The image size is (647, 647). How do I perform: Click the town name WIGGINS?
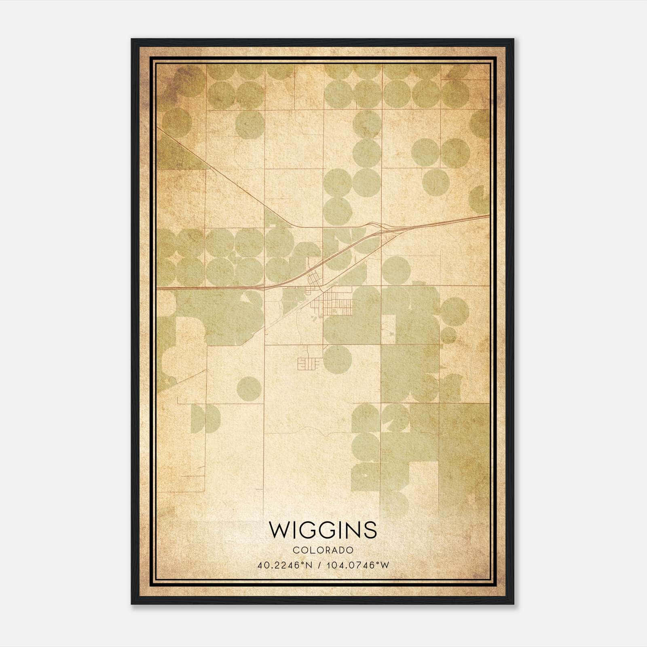pyautogui.click(x=323, y=530)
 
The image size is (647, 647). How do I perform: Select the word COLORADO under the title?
pyautogui.click(x=323, y=550)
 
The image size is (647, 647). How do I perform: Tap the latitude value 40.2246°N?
pyautogui.click(x=285, y=565)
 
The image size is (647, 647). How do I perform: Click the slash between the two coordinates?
pyautogui.click(x=320, y=565)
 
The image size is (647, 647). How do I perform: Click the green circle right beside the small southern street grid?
pyautogui.click(x=337, y=359)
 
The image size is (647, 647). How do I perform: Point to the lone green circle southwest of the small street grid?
pyautogui.click(x=248, y=389)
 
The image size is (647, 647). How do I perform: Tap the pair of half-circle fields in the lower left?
pyautogui.click(x=205, y=418)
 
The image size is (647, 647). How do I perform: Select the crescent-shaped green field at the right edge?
pyautogui.click(x=480, y=200)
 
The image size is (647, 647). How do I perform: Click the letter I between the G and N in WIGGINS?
pyautogui.click(x=341, y=530)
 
